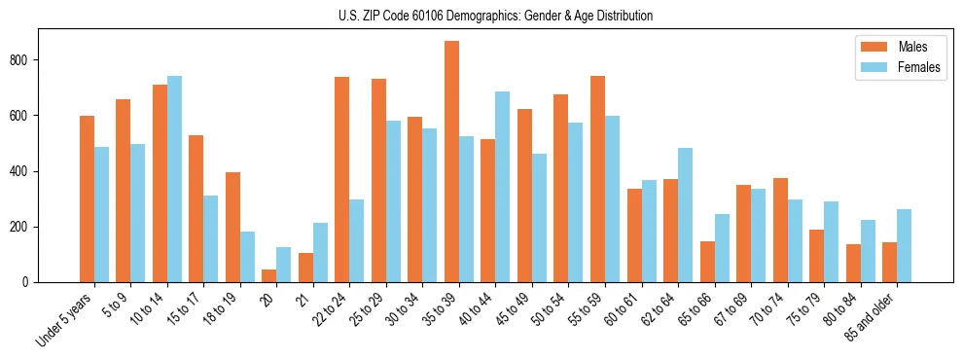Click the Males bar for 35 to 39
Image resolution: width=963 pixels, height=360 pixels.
451,162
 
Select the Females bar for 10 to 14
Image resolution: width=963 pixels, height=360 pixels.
174,179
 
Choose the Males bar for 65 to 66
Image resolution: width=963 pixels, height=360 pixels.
707,262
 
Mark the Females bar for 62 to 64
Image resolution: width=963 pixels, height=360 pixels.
685,215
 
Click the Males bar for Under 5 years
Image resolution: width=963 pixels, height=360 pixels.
87,198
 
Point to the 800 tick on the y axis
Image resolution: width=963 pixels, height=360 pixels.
39,59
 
